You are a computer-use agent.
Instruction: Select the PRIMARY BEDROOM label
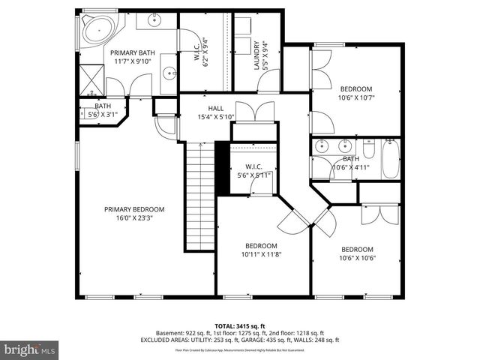134,209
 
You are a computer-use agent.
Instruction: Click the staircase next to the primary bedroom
200,195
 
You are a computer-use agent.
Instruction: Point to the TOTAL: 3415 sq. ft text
239,324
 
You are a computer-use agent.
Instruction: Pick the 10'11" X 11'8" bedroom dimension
262,255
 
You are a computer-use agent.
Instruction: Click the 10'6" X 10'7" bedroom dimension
355,97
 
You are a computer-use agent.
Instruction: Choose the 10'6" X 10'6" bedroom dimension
357,259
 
